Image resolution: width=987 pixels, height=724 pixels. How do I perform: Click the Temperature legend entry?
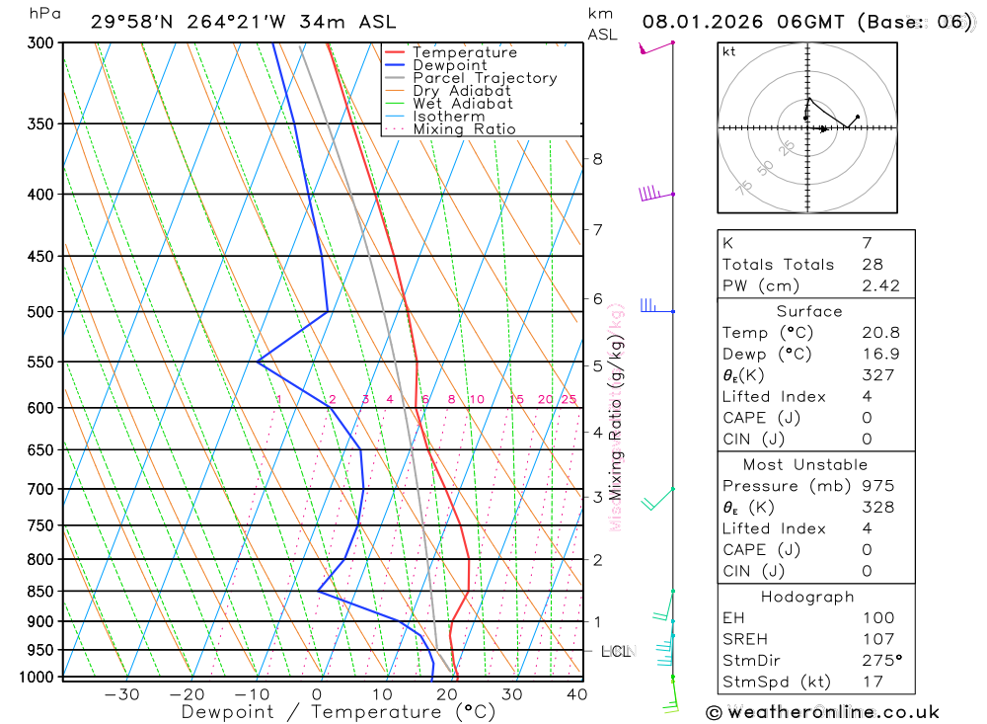tap(464, 52)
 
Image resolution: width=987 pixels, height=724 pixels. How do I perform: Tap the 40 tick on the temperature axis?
tap(576, 694)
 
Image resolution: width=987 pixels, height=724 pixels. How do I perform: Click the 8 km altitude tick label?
tap(597, 159)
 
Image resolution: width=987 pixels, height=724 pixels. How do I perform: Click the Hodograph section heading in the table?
tap(808, 597)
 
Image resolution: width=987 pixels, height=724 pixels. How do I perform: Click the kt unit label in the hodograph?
tap(728, 51)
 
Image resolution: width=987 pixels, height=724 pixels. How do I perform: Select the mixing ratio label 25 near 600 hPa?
tap(569, 399)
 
